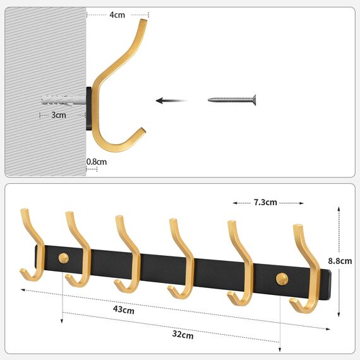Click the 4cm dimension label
(x=118, y=13)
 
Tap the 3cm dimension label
(x=59, y=115)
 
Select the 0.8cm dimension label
(x=97, y=162)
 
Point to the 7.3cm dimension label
(x=265, y=203)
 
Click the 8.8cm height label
(x=341, y=260)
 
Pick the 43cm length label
(x=124, y=309)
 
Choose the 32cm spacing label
(x=183, y=335)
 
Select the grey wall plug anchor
(x=62, y=99)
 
